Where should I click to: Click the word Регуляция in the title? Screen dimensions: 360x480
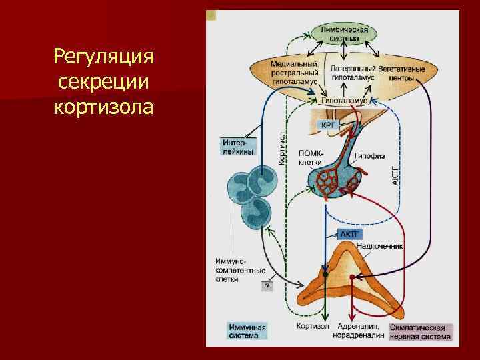[103, 58]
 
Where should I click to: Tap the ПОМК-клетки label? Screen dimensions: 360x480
[311, 157]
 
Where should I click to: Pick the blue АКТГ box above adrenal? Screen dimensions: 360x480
[349, 235]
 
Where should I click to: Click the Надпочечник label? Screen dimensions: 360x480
[381, 246]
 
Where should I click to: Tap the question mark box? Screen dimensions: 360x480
[267, 286]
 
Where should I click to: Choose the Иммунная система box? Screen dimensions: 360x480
[247, 331]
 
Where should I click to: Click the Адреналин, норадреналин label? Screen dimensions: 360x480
[359, 331]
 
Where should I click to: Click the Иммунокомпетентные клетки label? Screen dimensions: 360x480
[240, 270]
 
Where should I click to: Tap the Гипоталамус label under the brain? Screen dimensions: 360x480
[345, 99]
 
